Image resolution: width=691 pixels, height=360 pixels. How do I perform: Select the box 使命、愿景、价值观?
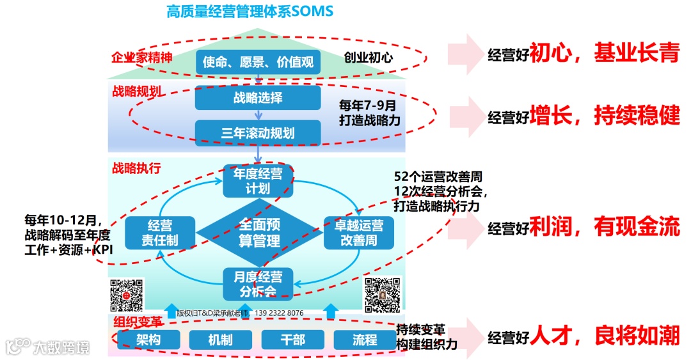pyautogui.click(x=257, y=62)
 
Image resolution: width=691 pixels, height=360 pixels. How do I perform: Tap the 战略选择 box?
pyautogui.click(x=257, y=98)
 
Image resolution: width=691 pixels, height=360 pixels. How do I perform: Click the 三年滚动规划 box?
pyautogui.click(x=257, y=133)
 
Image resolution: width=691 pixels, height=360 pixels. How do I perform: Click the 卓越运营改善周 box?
pyautogui.click(x=359, y=233)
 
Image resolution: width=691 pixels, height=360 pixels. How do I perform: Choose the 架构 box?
pyautogui.click(x=148, y=340)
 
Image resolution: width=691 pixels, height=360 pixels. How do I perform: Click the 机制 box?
pyautogui.click(x=219, y=340)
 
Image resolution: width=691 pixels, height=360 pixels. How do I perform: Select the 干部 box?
pyautogui.click(x=292, y=340)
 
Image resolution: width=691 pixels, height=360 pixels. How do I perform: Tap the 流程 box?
pyautogui.click(x=364, y=340)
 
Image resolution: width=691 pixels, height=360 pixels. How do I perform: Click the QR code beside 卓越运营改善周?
pyautogui.click(x=383, y=295)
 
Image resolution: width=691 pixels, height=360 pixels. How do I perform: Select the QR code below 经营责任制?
pyautogui.click(x=127, y=295)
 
